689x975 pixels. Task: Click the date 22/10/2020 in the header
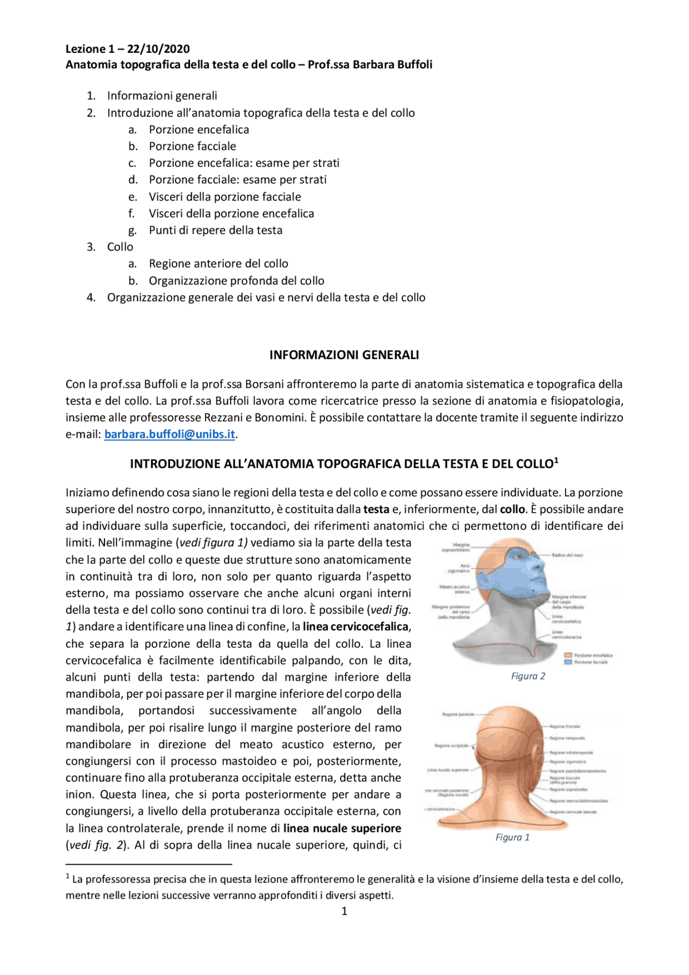[x=158, y=49]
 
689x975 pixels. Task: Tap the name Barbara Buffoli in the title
[x=392, y=65]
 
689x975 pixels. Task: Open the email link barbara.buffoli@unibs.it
[x=170, y=434]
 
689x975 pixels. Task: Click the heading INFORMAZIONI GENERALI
[x=344, y=355]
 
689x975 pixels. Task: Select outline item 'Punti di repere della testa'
[x=215, y=230]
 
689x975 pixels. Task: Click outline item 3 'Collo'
[x=120, y=247]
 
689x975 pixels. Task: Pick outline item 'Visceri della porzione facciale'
[x=225, y=197]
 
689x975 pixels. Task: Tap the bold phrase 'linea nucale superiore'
[x=342, y=828]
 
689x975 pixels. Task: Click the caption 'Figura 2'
[x=528, y=676]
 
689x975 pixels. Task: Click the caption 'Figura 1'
[x=512, y=837]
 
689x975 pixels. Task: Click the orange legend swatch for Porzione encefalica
[x=567, y=655]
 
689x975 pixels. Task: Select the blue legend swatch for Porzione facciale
[x=567, y=662]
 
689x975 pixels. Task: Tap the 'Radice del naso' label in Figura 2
[x=567, y=555]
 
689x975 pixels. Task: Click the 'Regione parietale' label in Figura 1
[x=458, y=714]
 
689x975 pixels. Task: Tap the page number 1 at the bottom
[x=344, y=911]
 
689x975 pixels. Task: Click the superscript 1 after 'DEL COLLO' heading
[x=556, y=460]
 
